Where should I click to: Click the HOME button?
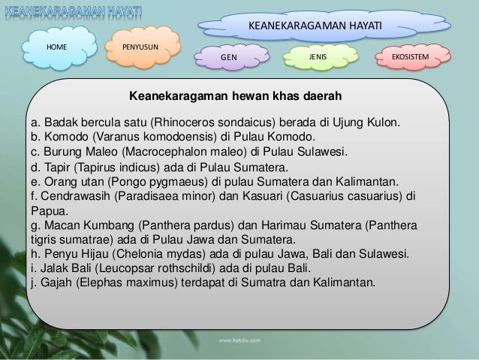[x=57, y=47]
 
